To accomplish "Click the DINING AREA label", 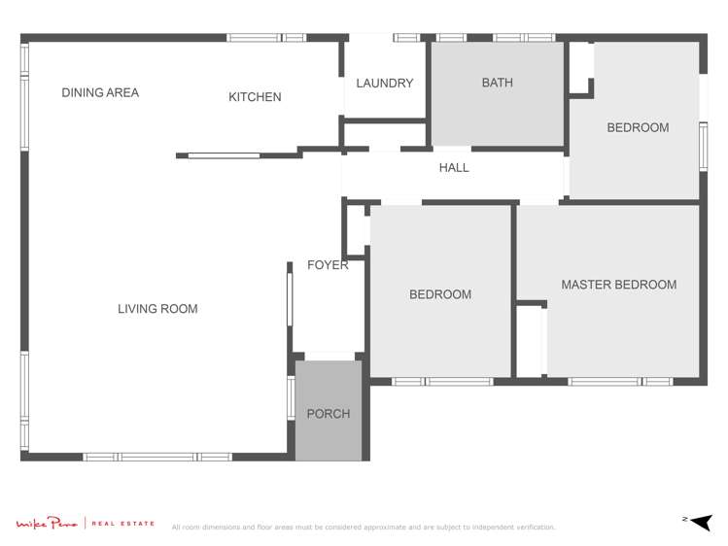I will pyautogui.click(x=100, y=93).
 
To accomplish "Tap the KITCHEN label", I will pyautogui.click(x=255, y=97).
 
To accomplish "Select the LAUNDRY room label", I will pyautogui.click(x=384, y=84).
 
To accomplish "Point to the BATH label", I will pyautogui.click(x=497, y=84).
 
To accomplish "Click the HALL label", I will pyautogui.click(x=454, y=168).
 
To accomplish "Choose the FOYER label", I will pyautogui.click(x=328, y=265).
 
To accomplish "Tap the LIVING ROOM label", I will pyautogui.click(x=157, y=309).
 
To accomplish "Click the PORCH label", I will pyautogui.click(x=328, y=414).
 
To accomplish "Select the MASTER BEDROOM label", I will pyautogui.click(x=618, y=285).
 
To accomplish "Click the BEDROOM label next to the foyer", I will pyautogui.click(x=440, y=294).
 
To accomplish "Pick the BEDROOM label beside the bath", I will pyautogui.click(x=638, y=127).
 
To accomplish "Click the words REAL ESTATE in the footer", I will pyautogui.click(x=122, y=525).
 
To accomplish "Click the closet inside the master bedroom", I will pyautogui.click(x=530, y=340).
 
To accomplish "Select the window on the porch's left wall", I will pyautogui.click(x=291, y=397).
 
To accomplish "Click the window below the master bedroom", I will pyautogui.click(x=619, y=382).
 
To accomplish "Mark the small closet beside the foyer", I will pyautogui.click(x=356, y=229).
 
